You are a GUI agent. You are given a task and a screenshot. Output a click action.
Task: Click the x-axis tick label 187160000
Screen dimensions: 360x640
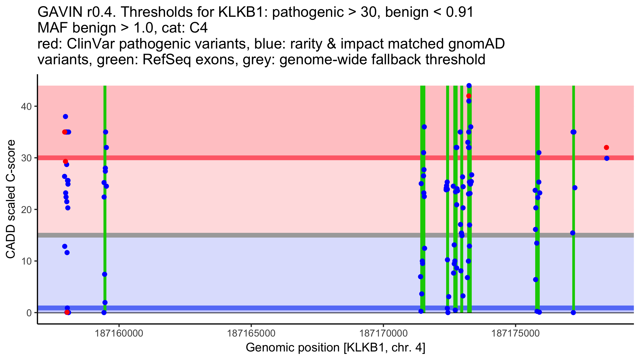[119, 333]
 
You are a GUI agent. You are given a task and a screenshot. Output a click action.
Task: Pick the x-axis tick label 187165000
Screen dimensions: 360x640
[251, 333]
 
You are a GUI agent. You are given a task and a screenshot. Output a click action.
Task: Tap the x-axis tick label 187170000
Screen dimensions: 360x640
[383, 333]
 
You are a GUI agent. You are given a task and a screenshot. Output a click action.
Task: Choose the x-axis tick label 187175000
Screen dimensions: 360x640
[515, 333]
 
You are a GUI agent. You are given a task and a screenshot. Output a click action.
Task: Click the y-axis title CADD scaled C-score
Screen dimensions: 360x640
[11, 199]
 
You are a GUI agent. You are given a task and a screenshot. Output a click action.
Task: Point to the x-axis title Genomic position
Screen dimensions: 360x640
[335, 348]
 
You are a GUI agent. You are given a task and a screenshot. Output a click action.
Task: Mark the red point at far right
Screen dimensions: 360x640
[606, 147]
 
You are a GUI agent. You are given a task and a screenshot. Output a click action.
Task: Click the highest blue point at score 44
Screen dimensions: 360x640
[469, 86]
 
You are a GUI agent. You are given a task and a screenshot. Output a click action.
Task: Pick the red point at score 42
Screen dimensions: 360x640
[469, 96]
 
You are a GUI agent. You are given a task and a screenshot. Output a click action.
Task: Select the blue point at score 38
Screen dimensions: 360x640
[65, 117]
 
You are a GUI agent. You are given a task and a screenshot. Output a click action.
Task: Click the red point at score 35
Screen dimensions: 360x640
[65, 132]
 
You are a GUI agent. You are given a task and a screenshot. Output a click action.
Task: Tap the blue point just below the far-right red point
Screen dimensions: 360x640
[607, 158]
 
